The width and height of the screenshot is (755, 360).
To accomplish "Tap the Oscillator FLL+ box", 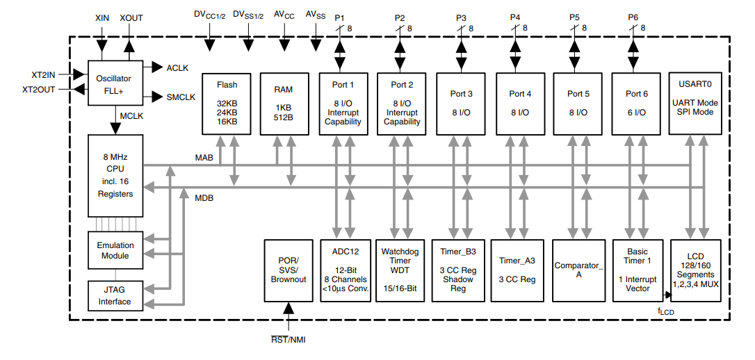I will [115, 83].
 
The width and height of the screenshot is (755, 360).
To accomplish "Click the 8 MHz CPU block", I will [115, 175].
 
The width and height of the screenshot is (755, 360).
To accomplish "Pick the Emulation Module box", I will [115, 250].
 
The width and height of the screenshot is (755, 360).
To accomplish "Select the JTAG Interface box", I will [115, 296].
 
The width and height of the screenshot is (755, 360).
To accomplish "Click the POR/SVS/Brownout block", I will [288, 270].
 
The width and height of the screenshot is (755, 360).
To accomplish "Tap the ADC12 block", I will [343, 270].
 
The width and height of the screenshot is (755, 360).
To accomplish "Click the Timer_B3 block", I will [457, 270].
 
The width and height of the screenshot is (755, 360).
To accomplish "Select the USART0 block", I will [695, 103].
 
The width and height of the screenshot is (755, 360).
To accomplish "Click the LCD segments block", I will [695, 270].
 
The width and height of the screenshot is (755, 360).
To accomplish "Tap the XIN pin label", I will [103, 17].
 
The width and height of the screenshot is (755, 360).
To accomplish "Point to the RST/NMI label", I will [288, 340].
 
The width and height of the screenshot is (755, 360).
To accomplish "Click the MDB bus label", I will [204, 198].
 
